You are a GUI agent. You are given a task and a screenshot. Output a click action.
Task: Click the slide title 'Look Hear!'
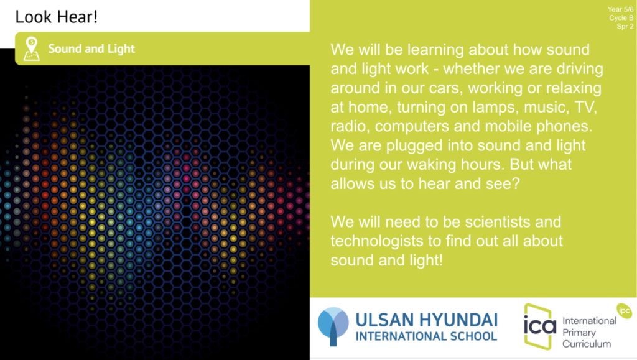point(56,17)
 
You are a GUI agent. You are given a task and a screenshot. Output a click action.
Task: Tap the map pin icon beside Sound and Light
point(32,48)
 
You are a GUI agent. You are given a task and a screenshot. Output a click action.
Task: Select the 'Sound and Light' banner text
point(91,48)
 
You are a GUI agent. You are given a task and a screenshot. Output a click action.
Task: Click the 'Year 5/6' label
point(620,9)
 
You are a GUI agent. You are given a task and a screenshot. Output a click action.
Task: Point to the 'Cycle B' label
point(621,18)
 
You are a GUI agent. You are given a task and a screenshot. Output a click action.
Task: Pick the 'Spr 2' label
point(625,26)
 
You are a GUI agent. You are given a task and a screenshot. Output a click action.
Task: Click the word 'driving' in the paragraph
point(580,69)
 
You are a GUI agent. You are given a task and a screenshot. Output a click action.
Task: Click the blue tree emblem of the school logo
point(333,326)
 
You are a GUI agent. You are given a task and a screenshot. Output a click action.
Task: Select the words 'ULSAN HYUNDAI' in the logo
point(427,320)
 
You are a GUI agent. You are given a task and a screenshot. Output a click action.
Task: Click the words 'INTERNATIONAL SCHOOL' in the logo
point(426,336)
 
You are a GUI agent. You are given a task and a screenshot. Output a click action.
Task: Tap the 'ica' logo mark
point(539,326)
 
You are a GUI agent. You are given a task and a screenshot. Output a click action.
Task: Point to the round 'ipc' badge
point(624,311)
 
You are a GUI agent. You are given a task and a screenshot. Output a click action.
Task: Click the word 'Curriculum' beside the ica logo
point(587,344)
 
